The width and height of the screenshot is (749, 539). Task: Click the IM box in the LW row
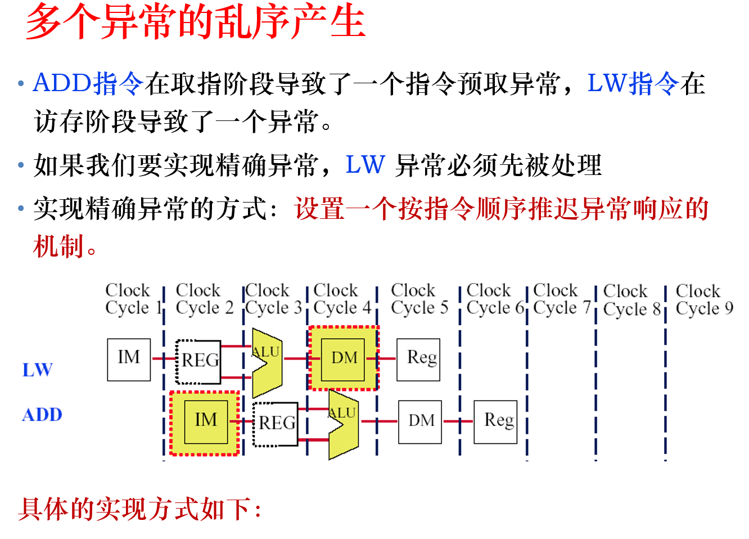click(x=129, y=360)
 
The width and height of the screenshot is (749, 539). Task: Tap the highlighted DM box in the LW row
click(x=344, y=358)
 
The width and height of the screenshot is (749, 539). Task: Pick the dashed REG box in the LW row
click(x=198, y=361)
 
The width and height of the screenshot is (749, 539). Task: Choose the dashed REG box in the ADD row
click(x=276, y=424)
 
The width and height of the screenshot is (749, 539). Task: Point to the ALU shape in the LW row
click(x=266, y=363)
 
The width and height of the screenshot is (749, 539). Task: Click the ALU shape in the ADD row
click(x=342, y=425)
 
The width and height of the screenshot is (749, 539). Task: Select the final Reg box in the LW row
click(x=419, y=359)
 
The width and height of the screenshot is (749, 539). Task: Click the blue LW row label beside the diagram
click(x=38, y=370)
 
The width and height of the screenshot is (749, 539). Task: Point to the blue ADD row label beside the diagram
click(x=42, y=415)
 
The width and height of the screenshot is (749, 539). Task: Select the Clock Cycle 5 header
click(x=419, y=299)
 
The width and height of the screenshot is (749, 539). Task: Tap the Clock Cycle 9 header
click(x=704, y=299)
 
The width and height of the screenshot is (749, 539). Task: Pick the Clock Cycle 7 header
click(x=561, y=299)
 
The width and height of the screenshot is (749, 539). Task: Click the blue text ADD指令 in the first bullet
click(x=88, y=83)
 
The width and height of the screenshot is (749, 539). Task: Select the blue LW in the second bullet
click(x=366, y=165)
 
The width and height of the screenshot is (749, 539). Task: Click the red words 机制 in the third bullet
click(x=58, y=246)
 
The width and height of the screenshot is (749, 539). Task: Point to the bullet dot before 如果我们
click(x=21, y=165)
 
